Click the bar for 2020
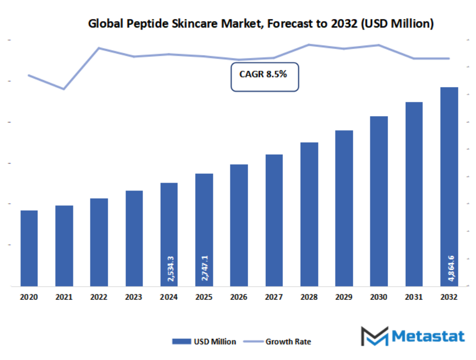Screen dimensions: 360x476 click(29, 248)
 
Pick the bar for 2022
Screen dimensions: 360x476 click(99, 242)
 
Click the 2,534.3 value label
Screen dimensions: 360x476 click(169, 268)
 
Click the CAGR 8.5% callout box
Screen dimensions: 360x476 click(264, 77)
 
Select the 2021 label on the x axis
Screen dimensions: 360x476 click(64, 298)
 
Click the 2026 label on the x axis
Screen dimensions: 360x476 click(239, 298)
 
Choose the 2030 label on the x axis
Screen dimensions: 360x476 click(379, 298)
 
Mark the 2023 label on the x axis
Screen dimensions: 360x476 click(134, 298)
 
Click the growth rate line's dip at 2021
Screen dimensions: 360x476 click(64, 89)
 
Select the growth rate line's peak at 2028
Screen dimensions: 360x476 click(309, 44)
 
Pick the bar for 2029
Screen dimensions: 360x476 click(344, 208)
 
